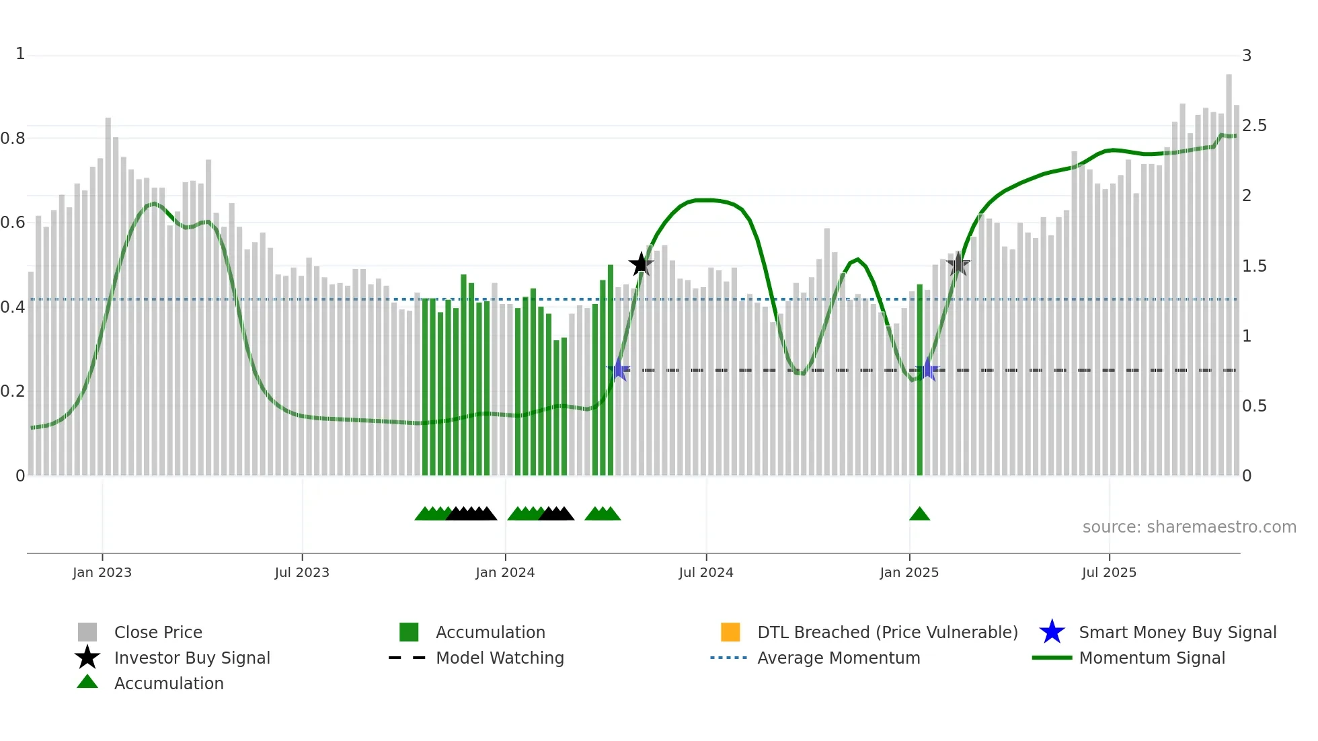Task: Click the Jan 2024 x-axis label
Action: click(x=505, y=572)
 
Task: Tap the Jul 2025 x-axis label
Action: click(x=1109, y=572)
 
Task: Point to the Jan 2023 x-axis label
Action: click(x=102, y=572)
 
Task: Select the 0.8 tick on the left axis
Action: click(x=13, y=139)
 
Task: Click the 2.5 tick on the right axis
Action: click(x=1254, y=126)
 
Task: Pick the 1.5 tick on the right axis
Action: click(x=1254, y=266)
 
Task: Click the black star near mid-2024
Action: click(x=641, y=264)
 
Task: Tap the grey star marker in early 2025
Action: click(x=958, y=264)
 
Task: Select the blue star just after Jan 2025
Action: click(x=928, y=370)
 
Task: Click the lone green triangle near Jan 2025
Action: click(x=919, y=514)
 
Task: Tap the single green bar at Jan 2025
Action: click(x=920, y=380)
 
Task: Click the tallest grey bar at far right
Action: click(x=1229, y=269)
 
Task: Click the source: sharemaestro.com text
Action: click(x=1189, y=527)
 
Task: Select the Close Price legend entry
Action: click(x=158, y=632)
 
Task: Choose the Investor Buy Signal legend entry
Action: click(x=192, y=658)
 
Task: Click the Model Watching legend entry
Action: click(x=500, y=658)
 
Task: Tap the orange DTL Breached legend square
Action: click(x=730, y=632)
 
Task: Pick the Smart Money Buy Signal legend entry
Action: click(x=1177, y=632)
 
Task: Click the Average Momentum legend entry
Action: click(x=839, y=658)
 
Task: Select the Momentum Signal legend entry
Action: click(x=1151, y=658)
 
